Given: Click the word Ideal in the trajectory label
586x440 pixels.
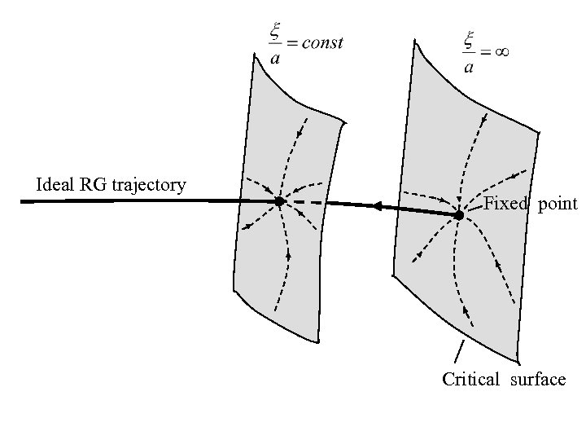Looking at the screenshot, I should (55, 185).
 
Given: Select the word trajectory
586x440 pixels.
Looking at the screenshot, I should (150, 186).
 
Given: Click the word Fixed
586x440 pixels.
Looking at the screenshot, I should (505, 204).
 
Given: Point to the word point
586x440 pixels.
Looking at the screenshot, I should (558, 205).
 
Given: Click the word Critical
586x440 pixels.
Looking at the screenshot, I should (470, 379).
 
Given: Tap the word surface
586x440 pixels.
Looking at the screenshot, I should (538, 379).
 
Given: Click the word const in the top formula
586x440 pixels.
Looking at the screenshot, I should (322, 43).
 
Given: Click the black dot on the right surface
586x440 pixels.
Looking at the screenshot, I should (459, 215).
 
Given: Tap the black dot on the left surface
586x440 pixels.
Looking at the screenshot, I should (279, 200).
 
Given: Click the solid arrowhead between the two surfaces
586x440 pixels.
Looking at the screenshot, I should (379, 208).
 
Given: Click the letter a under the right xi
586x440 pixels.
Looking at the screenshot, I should (469, 66).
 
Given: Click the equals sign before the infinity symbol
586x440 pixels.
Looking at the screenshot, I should (484, 51).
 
